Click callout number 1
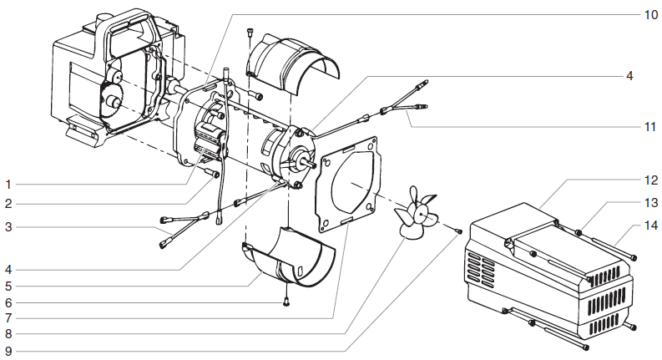click(8, 183)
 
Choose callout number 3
click(8, 226)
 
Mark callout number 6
click(8, 302)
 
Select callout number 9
click(8, 349)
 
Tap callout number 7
click(8, 318)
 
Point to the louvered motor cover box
click(547, 267)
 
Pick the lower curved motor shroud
click(292, 259)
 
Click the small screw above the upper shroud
click(250, 33)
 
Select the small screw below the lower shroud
click(286, 302)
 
